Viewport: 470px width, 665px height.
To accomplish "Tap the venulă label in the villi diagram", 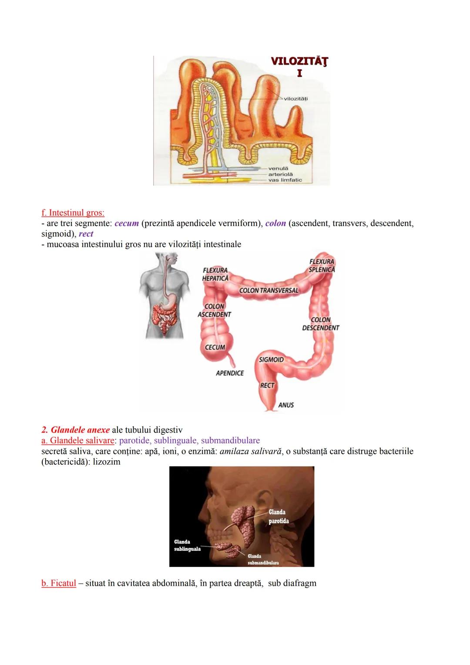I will click(278, 168).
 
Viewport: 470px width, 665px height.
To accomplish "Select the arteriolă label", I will click(280, 174).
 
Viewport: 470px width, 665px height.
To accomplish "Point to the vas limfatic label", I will click(285, 180).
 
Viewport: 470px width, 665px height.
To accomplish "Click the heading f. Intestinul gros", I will click(73, 213).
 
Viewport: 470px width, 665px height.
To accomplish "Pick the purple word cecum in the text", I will click(127, 223).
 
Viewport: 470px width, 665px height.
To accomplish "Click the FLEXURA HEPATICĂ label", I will click(215, 274).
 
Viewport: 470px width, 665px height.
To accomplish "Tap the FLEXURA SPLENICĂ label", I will click(322, 266).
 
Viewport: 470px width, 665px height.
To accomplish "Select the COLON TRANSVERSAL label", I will click(269, 290).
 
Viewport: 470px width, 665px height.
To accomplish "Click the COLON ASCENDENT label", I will click(214, 311).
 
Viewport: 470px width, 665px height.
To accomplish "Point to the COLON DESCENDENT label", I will click(321, 324).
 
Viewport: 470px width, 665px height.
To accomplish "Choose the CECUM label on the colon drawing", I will click(215, 348).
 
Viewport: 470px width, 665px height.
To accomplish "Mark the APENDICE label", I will click(230, 373).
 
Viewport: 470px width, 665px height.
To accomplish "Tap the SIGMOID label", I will click(271, 360).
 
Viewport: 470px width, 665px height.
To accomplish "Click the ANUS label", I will click(286, 405).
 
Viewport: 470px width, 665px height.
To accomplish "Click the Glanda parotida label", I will click(278, 516).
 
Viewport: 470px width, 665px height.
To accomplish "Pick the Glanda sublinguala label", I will click(187, 546).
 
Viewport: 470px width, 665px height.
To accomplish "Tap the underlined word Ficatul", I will click(59, 583).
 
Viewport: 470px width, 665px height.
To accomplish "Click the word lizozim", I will click(107, 462).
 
